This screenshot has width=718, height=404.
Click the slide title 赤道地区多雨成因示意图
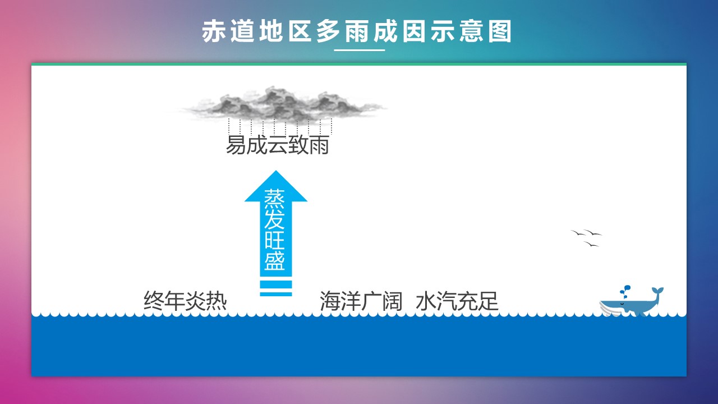coord(356,31)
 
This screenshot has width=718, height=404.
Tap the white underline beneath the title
coord(360,50)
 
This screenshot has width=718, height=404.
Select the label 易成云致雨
coord(278,145)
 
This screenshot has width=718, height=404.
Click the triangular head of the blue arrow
coord(276,187)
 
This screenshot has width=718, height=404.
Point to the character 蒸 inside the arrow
coord(275,199)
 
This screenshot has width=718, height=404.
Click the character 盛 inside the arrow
coord(275,261)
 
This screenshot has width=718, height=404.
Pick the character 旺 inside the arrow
coord(275,240)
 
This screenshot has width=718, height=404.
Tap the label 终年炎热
coord(185,301)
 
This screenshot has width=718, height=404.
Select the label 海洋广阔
coord(361,301)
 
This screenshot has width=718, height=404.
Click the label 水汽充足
coord(457,301)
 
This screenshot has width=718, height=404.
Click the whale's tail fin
coord(657,291)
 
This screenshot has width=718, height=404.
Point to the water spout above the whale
coord(625,291)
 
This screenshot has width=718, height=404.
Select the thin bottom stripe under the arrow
coord(276,295)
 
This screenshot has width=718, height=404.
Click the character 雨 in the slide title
coord(357,31)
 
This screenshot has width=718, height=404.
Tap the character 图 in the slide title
coord(500,31)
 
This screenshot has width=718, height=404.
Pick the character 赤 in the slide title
coord(214,31)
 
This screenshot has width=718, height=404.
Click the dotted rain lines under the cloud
coord(280,127)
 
